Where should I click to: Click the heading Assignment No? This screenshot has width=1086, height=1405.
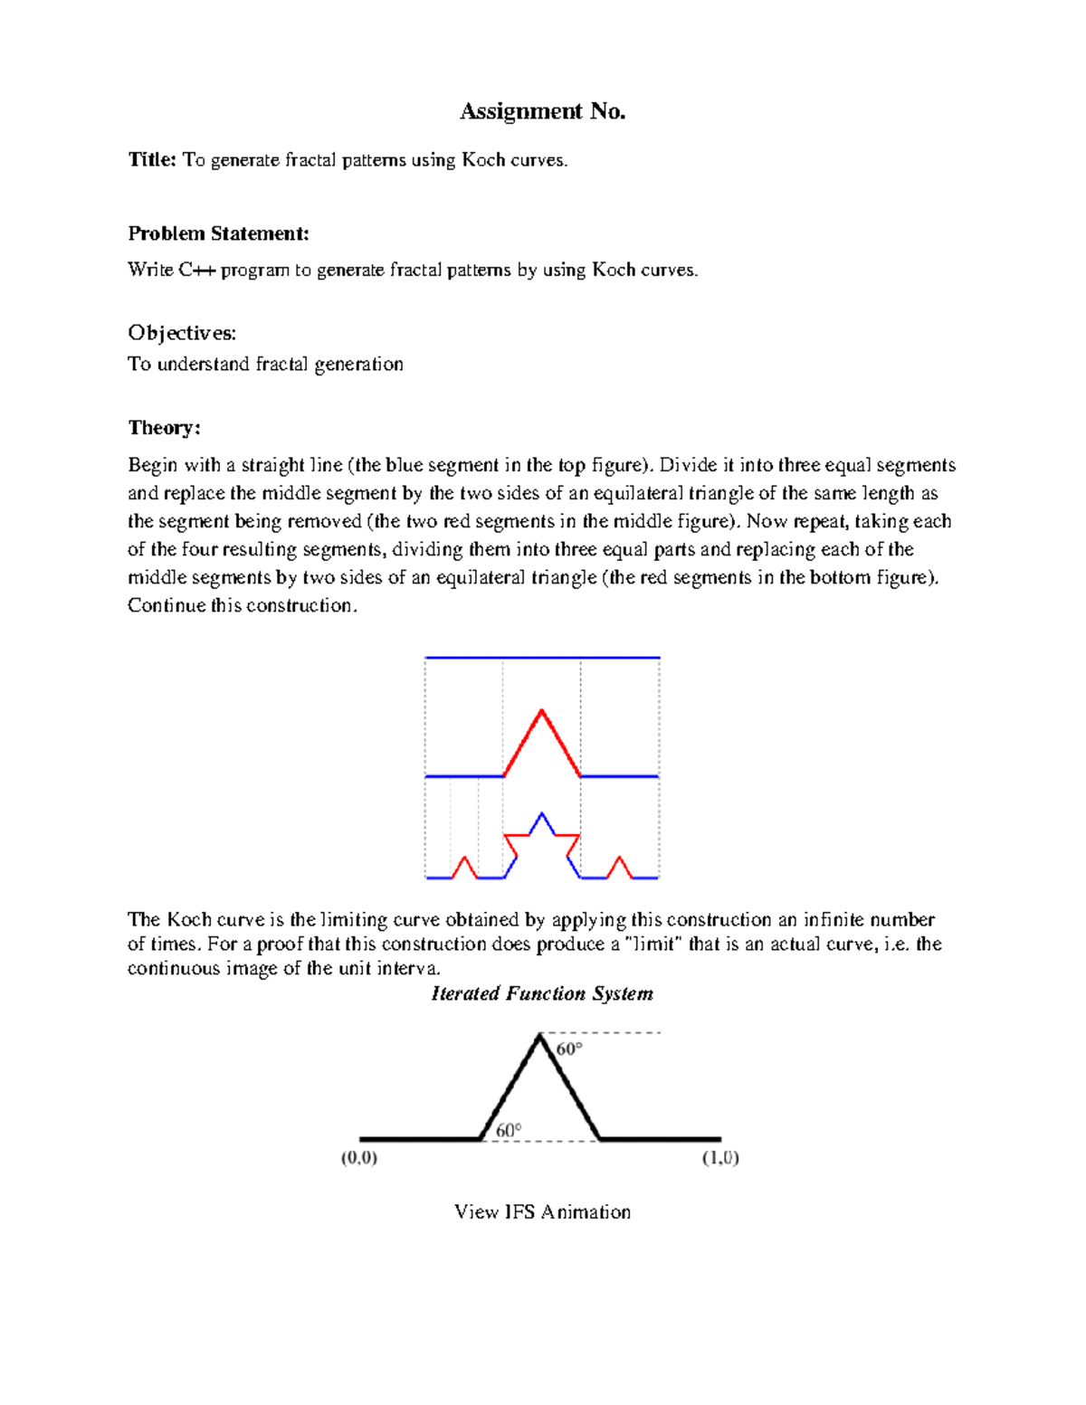pos(542,111)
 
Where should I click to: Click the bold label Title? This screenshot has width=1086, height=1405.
pos(152,160)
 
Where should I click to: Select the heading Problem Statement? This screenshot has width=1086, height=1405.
pos(218,233)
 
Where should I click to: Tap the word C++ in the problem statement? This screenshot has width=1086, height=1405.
pos(196,270)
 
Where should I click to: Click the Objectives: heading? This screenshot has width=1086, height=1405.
pos(182,333)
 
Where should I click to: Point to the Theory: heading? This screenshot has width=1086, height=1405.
pos(164,428)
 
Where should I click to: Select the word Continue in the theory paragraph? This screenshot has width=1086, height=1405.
pos(167,605)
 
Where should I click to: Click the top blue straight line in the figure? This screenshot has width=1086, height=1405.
pos(542,658)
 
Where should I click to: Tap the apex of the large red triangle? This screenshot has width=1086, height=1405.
pos(542,711)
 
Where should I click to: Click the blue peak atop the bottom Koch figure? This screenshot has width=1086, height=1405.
pos(541,815)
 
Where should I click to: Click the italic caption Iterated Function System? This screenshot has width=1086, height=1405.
pos(542,993)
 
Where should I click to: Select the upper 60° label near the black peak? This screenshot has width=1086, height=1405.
pos(569,1049)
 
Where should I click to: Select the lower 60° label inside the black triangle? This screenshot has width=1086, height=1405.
pos(509,1130)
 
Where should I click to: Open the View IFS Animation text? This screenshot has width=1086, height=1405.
pos(542,1211)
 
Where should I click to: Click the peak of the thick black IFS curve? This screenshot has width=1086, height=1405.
pos(540,1037)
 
